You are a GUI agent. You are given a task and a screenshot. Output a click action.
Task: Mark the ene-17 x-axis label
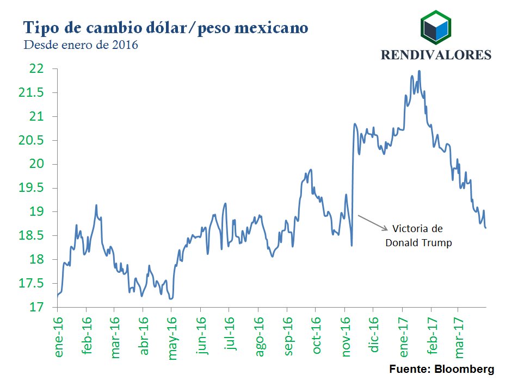tap(403, 338)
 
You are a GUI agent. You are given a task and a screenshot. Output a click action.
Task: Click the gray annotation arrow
tap(373, 223)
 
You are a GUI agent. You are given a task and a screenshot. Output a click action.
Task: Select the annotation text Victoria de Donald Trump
tap(418, 235)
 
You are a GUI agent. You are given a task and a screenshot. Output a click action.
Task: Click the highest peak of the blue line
tap(419, 71)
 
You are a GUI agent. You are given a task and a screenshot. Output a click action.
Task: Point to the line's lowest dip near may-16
tap(171, 298)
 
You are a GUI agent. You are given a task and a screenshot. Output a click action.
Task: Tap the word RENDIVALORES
tap(435, 55)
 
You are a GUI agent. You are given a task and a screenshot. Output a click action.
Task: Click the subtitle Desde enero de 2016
tap(81, 45)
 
